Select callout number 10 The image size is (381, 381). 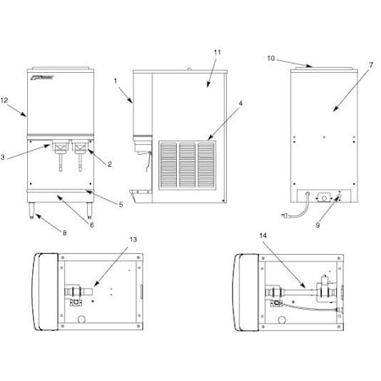[x=271, y=59]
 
